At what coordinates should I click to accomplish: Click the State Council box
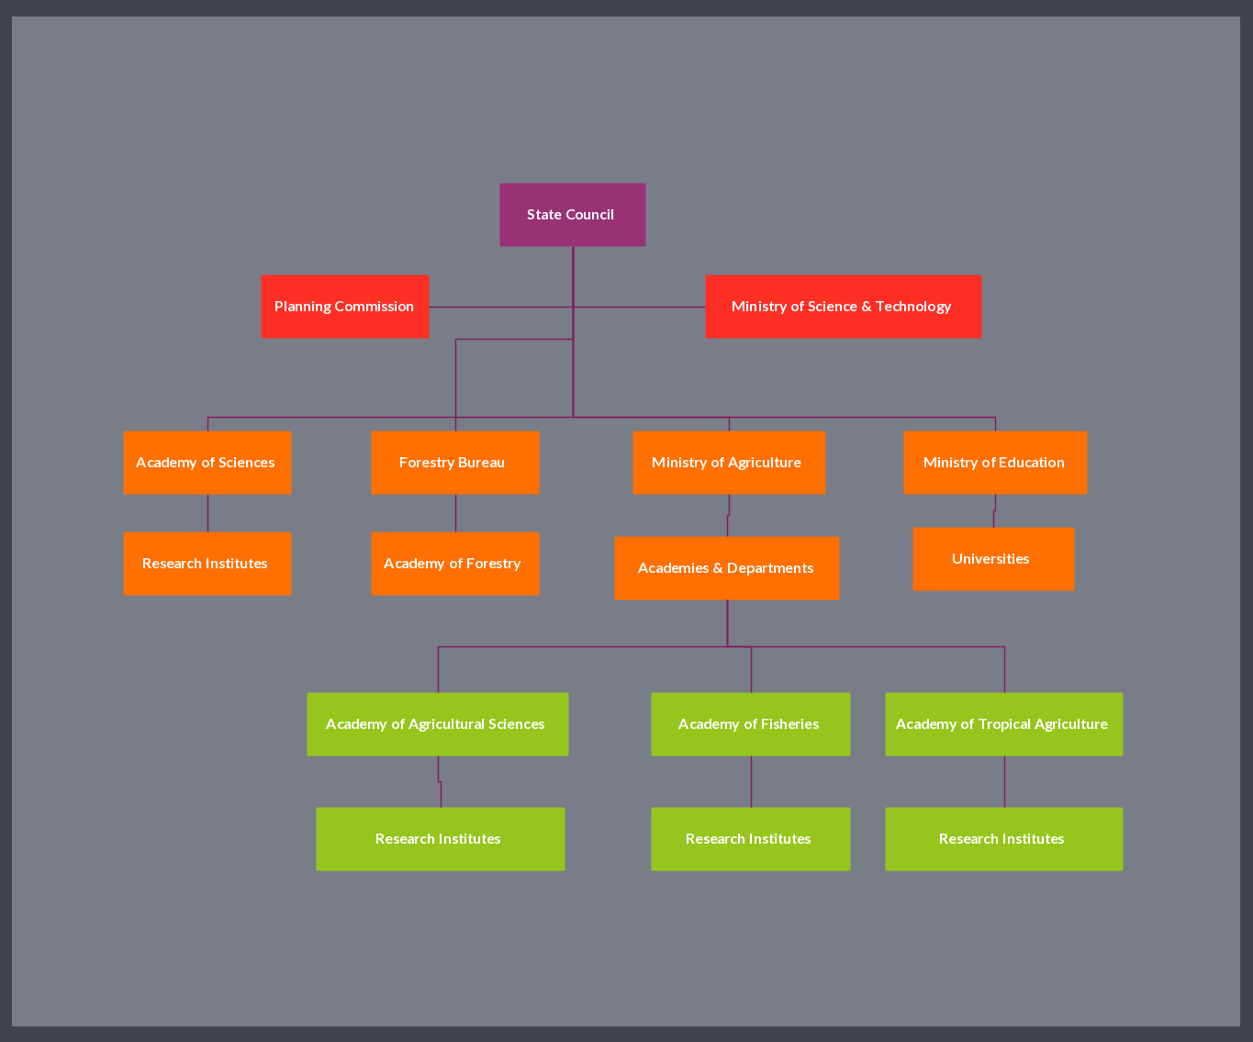pos(572,215)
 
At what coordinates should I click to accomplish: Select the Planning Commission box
pos(344,307)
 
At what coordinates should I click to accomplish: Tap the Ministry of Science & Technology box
pos(843,307)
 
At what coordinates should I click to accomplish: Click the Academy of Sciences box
pos(207,463)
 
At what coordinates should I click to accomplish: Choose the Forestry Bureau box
pos(454,463)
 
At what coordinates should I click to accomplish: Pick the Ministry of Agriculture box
pos(729,463)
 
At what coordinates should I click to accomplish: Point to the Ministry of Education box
pos(995,463)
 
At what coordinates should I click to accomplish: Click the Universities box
pos(993,559)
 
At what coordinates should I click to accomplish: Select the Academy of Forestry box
pos(454,564)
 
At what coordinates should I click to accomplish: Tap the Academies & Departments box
pos(726,568)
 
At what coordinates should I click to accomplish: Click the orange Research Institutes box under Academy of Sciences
pos(207,564)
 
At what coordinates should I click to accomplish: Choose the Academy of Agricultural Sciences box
pos(437,724)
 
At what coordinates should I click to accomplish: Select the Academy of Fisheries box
pos(750,724)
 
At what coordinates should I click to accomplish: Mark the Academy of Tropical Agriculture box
pos(1003,724)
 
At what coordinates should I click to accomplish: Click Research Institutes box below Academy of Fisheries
pos(750,839)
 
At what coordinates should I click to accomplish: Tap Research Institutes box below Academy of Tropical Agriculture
pos(1003,839)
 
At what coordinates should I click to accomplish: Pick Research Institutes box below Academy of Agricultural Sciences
pos(440,839)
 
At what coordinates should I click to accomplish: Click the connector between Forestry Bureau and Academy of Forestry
pos(455,513)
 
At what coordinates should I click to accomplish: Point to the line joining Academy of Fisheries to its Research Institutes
pos(751,781)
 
